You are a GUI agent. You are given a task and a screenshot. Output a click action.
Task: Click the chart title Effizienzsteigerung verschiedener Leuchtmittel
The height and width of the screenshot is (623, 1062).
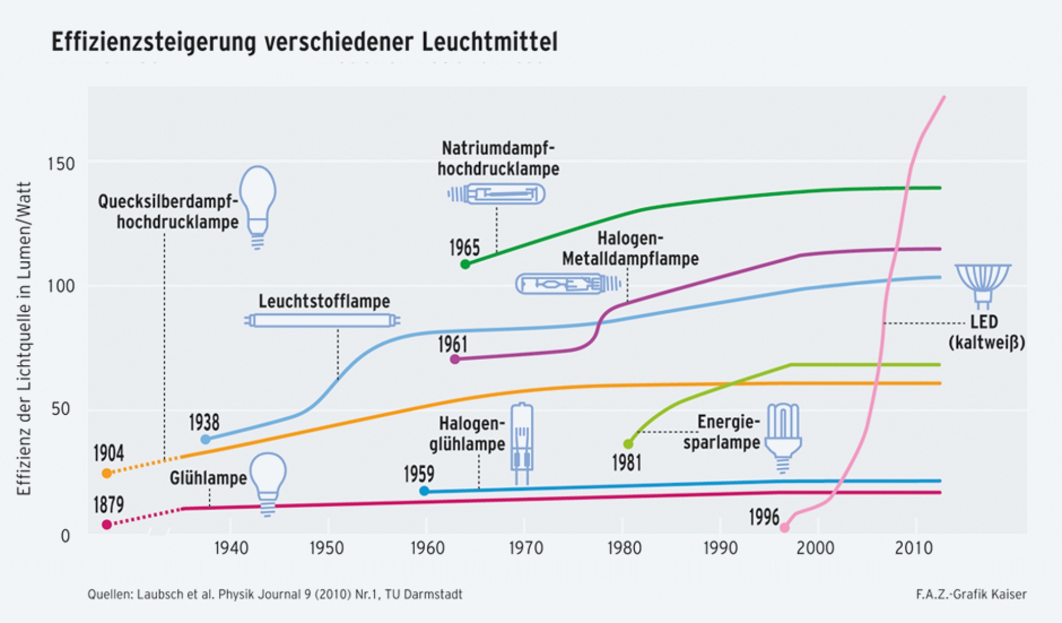click(x=304, y=43)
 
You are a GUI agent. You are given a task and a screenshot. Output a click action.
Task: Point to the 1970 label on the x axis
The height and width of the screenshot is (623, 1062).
click(x=525, y=548)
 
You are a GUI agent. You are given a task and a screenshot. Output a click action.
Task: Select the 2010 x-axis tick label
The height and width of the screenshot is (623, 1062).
click(x=914, y=548)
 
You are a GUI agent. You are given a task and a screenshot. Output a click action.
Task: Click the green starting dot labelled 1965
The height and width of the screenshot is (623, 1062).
click(x=465, y=264)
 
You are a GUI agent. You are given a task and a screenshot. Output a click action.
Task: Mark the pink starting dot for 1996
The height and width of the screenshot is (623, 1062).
click(x=784, y=527)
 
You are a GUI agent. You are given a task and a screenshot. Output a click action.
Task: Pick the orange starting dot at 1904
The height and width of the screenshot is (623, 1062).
click(x=107, y=473)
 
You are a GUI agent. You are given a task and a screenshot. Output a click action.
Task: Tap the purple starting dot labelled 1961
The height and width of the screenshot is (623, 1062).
click(x=455, y=359)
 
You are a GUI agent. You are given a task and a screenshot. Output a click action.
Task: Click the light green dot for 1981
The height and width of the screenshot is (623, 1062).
click(x=628, y=443)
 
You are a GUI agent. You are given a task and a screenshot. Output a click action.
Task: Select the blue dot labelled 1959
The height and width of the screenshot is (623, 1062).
click(x=424, y=491)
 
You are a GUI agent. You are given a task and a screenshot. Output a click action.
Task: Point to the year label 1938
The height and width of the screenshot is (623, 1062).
click(x=204, y=422)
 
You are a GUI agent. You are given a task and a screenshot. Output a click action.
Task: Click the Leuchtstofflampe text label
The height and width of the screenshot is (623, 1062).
click(x=324, y=301)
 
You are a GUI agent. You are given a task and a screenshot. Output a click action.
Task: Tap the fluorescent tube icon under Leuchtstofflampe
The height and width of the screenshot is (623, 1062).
click(x=323, y=320)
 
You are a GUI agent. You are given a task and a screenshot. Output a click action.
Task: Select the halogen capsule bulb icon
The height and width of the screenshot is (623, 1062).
click(x=522, y=443)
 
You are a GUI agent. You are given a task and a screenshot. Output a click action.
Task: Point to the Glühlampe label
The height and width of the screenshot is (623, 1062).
click(x=208, y=478)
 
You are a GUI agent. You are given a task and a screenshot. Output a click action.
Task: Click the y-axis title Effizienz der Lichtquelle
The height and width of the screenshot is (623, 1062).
click(x=25, y=338)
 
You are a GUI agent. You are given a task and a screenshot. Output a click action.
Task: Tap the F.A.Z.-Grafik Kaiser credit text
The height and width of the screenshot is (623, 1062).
click(x=971, y=594)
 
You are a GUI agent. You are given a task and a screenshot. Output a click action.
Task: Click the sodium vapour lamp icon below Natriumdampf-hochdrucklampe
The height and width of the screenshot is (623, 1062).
click(x=496, y=194)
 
